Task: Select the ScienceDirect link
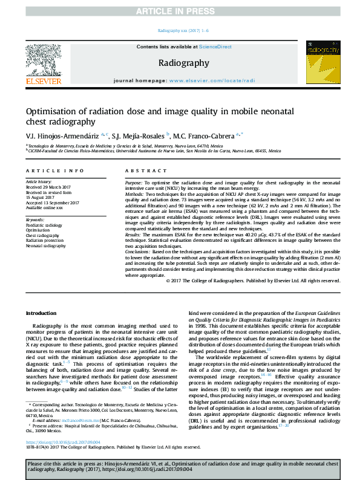216,47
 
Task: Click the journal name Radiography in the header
184,63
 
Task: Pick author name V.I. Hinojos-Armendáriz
62,135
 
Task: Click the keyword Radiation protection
46,241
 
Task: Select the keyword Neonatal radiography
46,246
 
